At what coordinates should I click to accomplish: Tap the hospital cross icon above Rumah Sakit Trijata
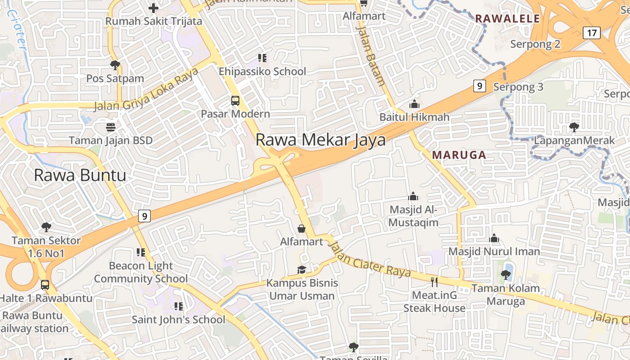pyautogui.click(x=153, y=8)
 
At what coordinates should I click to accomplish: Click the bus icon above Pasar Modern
pyautogui.click(x=235, y=100)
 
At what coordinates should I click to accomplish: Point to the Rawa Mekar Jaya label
pyautogui.click(x=320, y=140)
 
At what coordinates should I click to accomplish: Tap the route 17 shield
pyautogui.click(x=592, y=32)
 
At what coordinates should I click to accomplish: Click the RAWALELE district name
pyautogui.click(x=507, y=18)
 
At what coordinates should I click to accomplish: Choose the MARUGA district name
pyautogui.click(x=459, y=155)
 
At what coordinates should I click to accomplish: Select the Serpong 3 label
pyautogui.click(x=518, y=87)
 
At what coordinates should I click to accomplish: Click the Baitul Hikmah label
pyautogui.click(x=414, y=117)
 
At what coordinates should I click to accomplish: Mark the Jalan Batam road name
pyautogui.click(x=371, y=54)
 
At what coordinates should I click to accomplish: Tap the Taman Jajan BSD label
pyautogui.click(x=111, y=140)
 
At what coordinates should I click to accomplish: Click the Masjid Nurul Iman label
pyautogui.click(x=494, y=252)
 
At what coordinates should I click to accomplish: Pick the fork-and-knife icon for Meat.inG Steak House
pyautogui.click(x=434, y=282)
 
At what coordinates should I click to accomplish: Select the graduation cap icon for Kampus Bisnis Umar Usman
pyautogui.click(x=301, y=270)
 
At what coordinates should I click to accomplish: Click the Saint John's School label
pyautogui.click(x=178, y=320)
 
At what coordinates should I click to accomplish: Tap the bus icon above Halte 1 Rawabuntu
pyautogui.click(x=45, y=284)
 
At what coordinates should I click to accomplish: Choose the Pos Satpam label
pyautogui.click(x=115, y=78)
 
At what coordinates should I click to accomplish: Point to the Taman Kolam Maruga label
pyautogui.click(x=505, y=295)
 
